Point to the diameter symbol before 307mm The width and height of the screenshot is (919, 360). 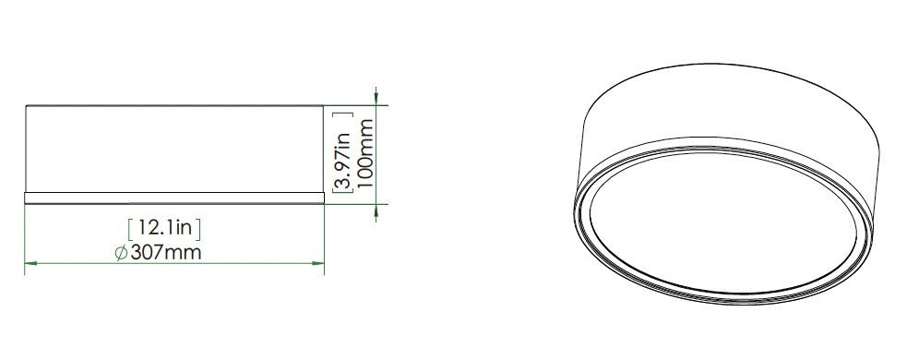tap(122, 254)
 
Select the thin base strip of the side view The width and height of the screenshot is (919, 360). tap(174, 197)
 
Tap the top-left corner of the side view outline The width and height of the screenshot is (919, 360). tap(25, 106)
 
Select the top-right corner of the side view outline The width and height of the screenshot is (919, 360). tap(324, 106)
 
